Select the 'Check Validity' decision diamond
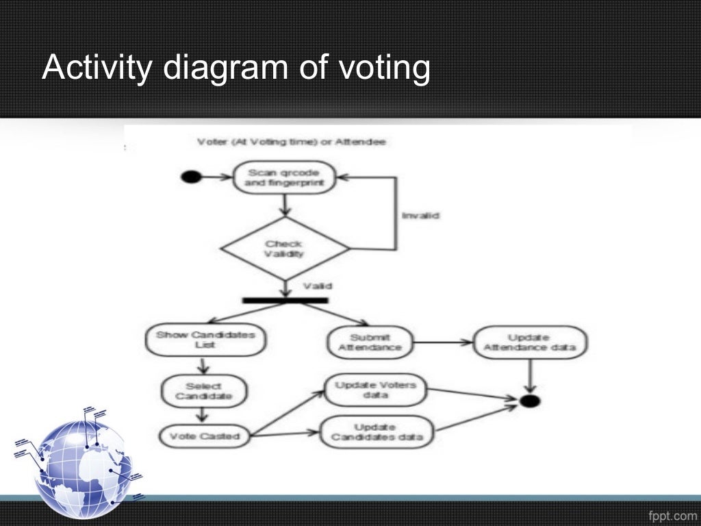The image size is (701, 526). click(283, 248)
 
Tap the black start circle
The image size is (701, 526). click(191, 177)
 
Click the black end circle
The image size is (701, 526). click(529, 401)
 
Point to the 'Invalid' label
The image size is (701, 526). click(420, 215)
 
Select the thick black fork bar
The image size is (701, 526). click(285, 300)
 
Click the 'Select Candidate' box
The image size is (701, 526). click(203, 390)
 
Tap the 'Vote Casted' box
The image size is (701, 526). click(205, 436)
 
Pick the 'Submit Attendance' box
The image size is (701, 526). click(370, 342)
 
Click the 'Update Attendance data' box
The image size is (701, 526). click(529, 342)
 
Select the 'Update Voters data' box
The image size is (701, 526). click(374, 390)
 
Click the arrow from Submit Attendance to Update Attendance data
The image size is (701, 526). click(443, 342)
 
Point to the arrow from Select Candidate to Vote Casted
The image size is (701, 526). click(203, 415)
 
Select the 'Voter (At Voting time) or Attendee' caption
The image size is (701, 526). click(291, 142)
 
